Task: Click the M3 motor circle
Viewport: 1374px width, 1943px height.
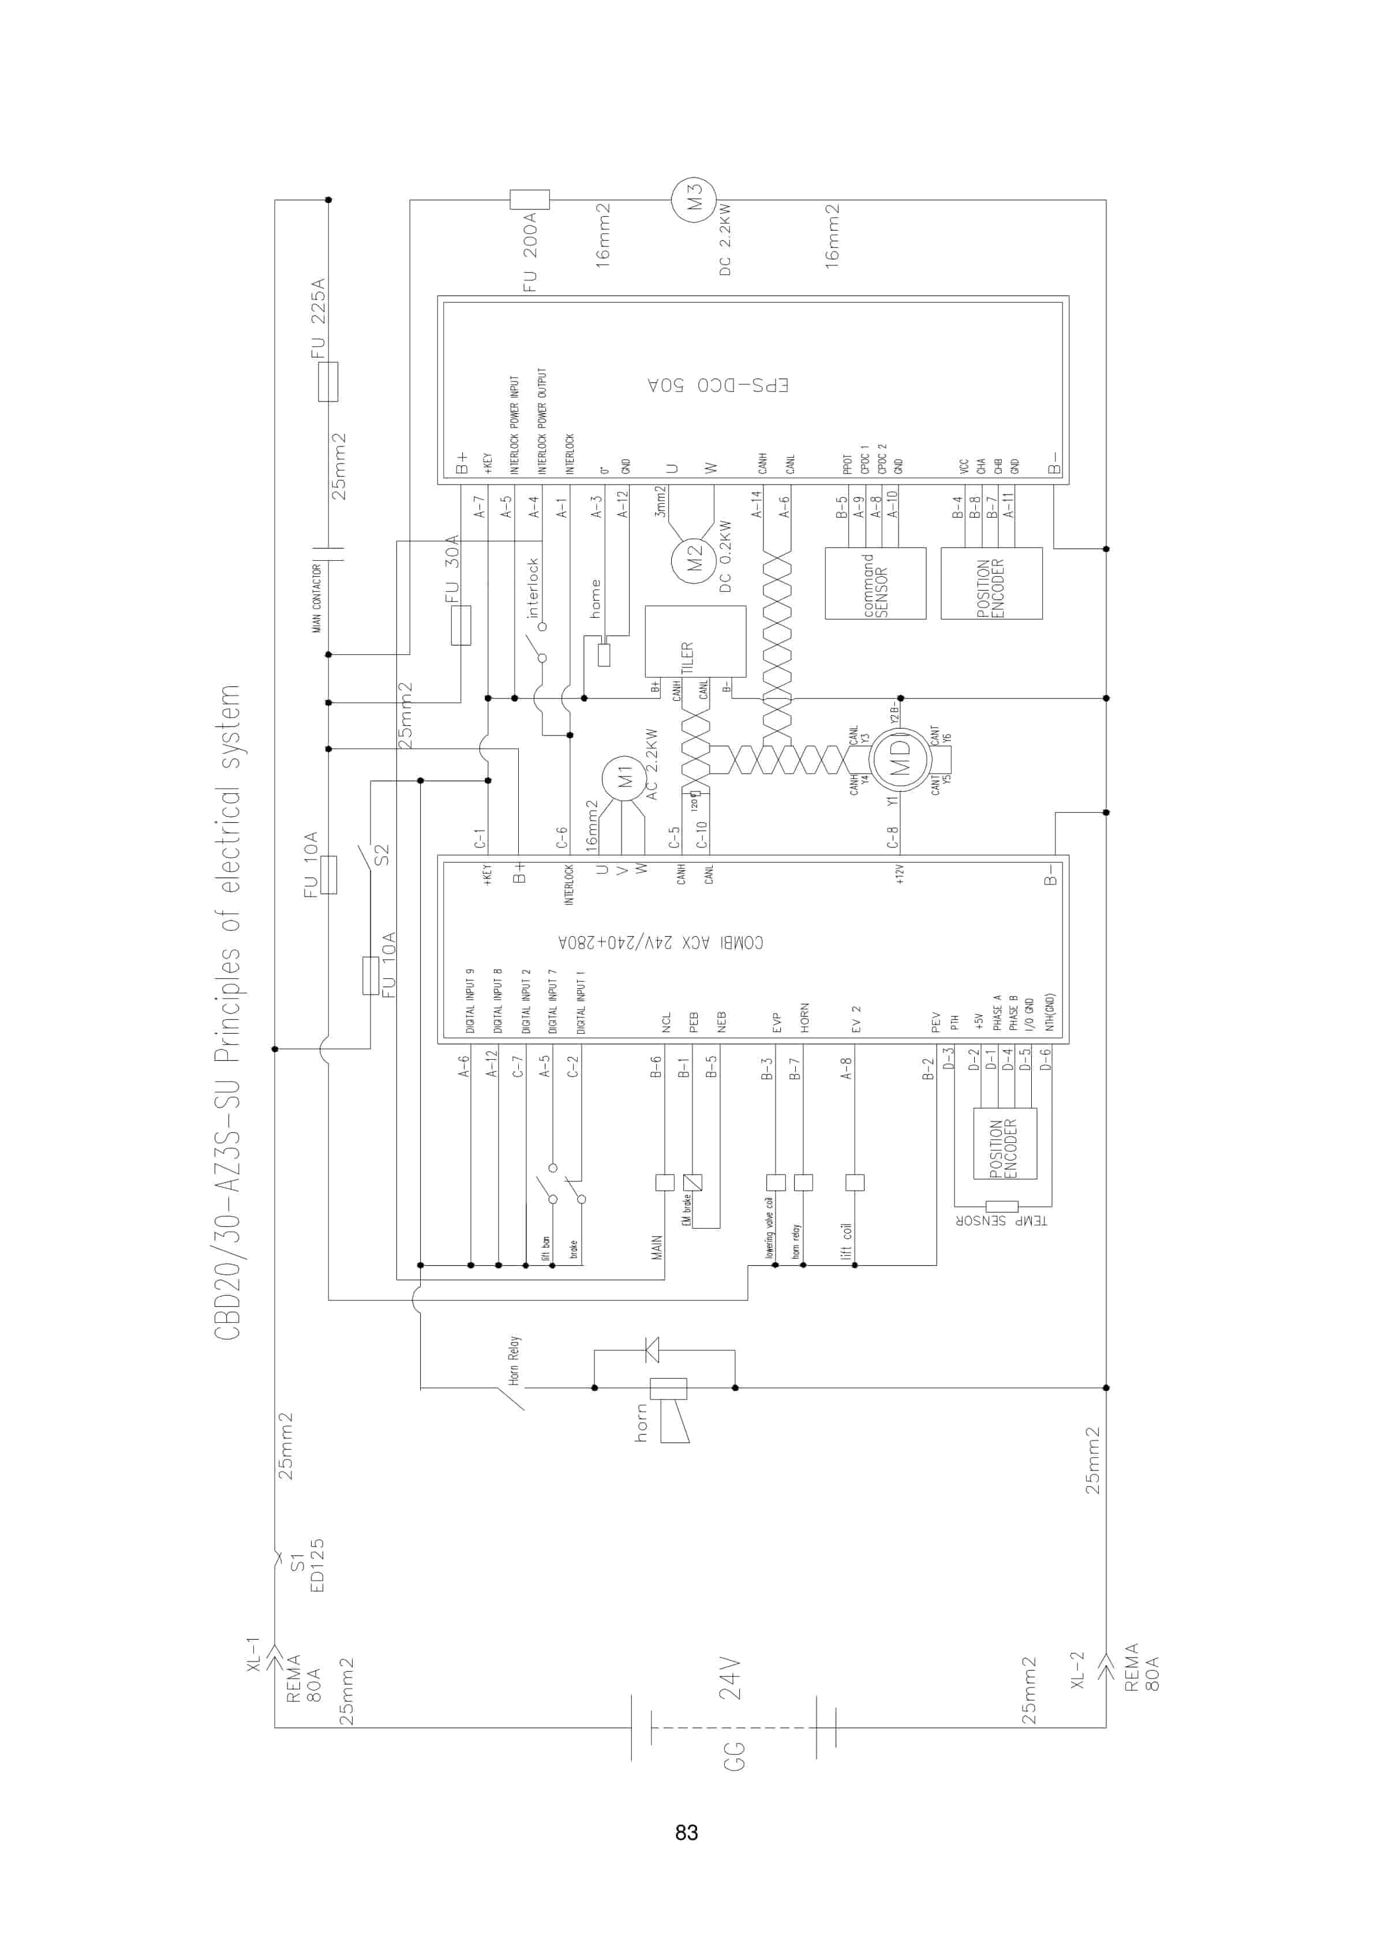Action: click(x=694, y=200)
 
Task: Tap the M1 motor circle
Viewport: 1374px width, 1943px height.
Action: click(x=624, y=778)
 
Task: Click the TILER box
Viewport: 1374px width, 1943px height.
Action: click(x=695, y=642)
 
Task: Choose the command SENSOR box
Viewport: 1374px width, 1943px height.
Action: click(x=874, y=583)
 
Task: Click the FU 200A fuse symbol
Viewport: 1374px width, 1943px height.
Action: click(x=529, y=200)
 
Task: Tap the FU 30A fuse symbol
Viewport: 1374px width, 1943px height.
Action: click(x=461, y=625)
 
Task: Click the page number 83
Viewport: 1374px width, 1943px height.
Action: click(x=687, y=1832)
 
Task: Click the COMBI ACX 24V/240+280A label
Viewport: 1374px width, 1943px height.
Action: click(x=660, y=943)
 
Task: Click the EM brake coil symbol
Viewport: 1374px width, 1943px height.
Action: click(x=692, y=1182)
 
